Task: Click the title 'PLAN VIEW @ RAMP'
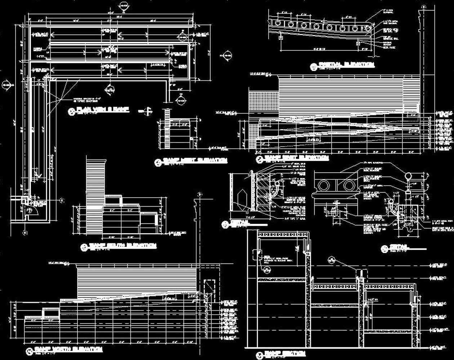pyautogui.click(x=103, y=109)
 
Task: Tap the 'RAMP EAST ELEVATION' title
pyautogui.click(x=297, y=158)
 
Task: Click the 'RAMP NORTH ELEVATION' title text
pyautogui.click(x=68, y=349)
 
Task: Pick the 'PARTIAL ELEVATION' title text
pyautogui.click(x=346, y=64)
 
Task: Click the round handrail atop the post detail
pyautogui.click(x=408, y=176)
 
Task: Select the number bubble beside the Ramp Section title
pyautogui.click(x=259, y=356)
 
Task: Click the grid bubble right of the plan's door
pyautogui.click(x=62, y=200)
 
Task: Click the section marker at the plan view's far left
pyautogui.click(x=6, y=85)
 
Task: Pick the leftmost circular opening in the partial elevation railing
pyautogui.click(x=277, y=23)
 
